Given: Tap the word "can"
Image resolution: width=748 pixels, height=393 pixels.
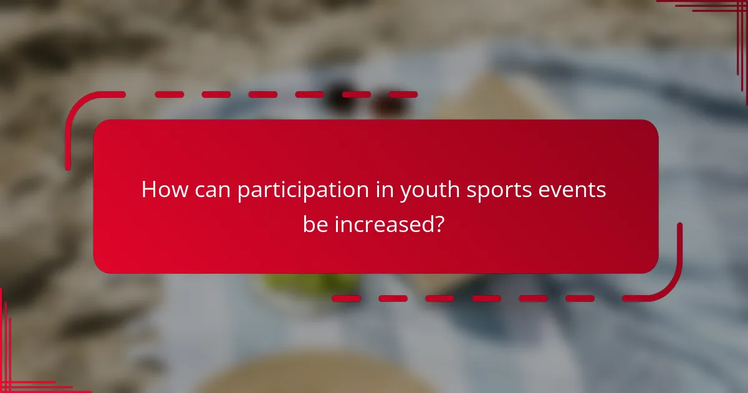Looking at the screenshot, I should (212, 190).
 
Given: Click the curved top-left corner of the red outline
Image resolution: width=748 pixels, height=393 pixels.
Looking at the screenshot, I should (78, 106).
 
